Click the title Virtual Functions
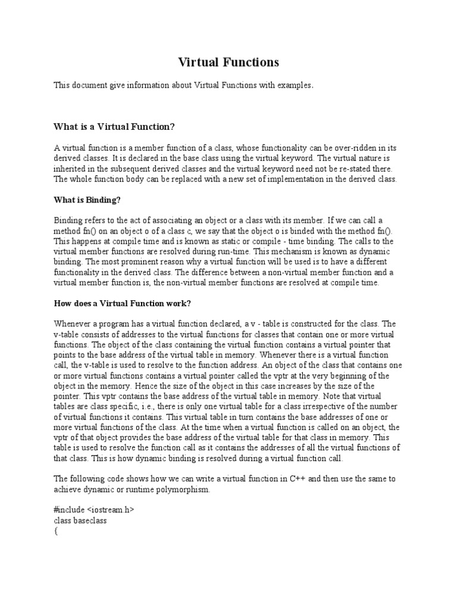click(x=228, y=62)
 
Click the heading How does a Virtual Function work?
click(x=123, y=303)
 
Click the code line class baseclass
click(x=80, y=520)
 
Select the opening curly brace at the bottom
click(x=56, y=530)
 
